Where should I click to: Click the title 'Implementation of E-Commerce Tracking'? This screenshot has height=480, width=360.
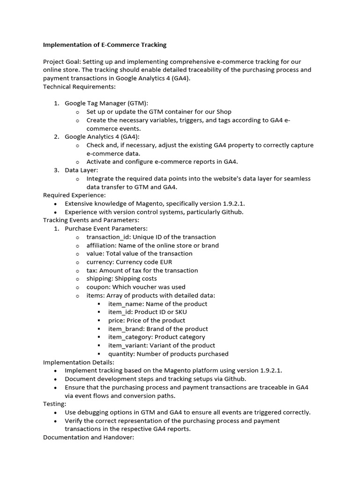pos(105,45)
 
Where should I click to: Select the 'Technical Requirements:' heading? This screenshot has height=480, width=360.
pos(79,87)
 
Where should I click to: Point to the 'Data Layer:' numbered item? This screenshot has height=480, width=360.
pos(81,170)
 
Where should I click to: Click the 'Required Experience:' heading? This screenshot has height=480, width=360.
pos(74,195)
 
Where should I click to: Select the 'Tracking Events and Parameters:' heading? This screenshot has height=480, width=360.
pos(91,220)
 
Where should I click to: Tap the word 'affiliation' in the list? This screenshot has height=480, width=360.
pos(101,245)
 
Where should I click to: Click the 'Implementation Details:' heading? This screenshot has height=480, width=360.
pos(78,362)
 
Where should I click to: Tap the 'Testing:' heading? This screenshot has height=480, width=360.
pos(55,404)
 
